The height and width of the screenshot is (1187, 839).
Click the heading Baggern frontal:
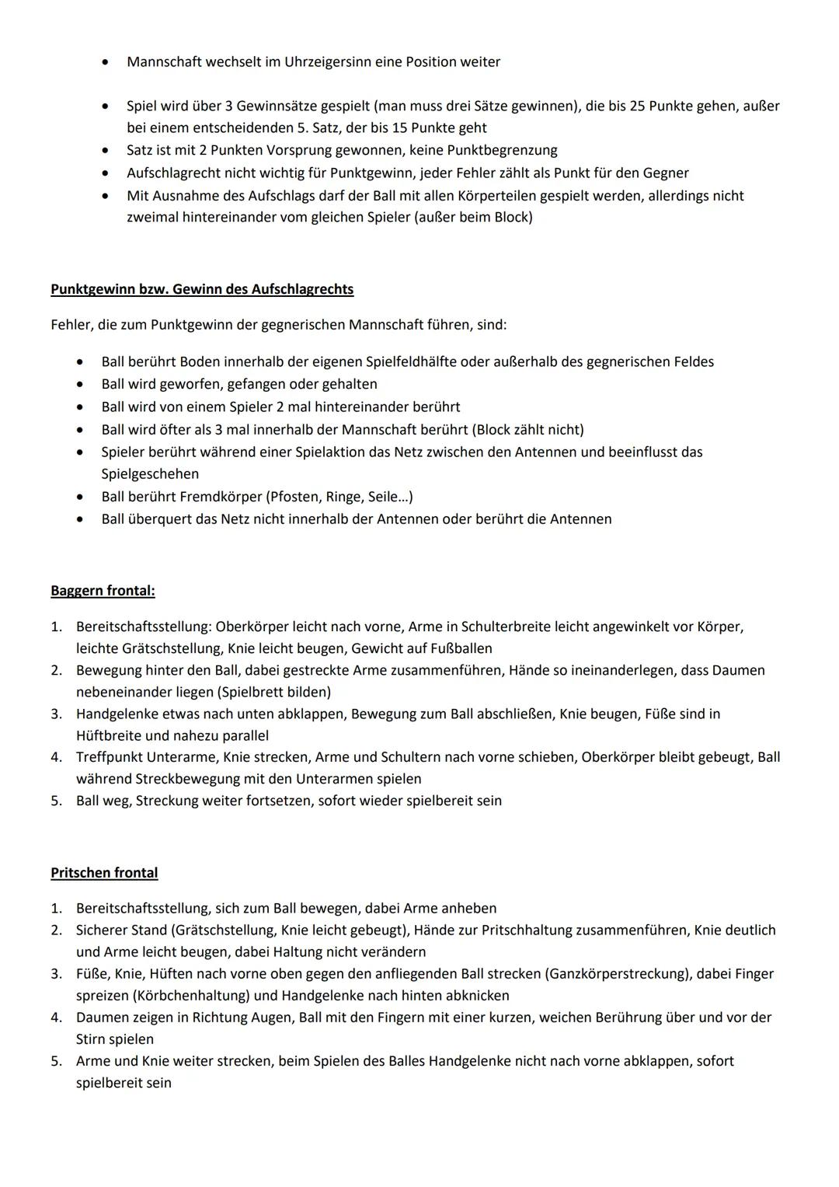[x=103, y=591]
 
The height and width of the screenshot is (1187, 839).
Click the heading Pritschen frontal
[x=104, y=873]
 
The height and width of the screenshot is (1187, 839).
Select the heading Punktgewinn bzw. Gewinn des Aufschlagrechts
[x=202, y=289]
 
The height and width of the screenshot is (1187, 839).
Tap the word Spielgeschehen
[x=150, y=474]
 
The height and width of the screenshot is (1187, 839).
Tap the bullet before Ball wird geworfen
[x=80, y=385]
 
